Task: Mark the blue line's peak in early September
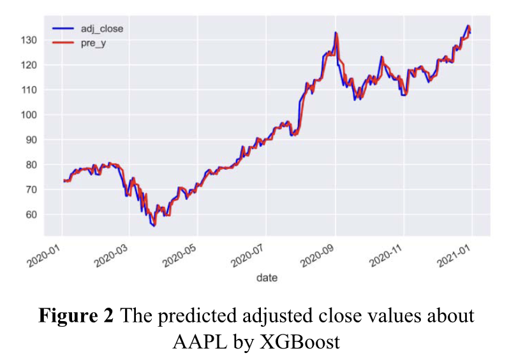pyautogui.click(x=336, y=33)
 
